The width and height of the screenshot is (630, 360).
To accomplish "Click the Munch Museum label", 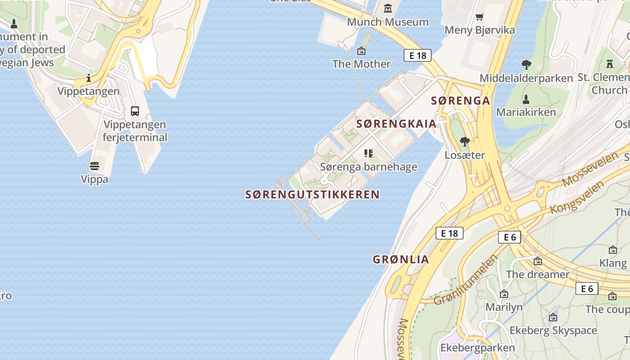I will [388, 22].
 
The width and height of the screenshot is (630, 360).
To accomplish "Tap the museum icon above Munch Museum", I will [388, 8].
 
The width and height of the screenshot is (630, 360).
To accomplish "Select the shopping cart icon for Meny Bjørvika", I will [479, 17].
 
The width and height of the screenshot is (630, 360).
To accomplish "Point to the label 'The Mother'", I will [361, 64].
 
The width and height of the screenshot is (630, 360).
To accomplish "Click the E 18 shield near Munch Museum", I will [417, 55].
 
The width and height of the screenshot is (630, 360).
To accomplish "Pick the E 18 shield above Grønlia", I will [449, 233].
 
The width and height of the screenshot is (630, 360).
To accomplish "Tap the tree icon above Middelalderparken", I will [526, 65].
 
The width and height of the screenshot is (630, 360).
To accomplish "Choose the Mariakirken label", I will [526, 112].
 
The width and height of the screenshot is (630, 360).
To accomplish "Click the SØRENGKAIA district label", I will [396, 124].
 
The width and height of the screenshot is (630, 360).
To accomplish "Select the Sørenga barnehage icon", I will [369, 153].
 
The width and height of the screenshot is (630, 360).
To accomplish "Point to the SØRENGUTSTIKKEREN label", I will [312, 194].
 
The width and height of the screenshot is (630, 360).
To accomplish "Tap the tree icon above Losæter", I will [465, 142].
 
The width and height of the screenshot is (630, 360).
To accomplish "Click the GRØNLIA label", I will [400, 259].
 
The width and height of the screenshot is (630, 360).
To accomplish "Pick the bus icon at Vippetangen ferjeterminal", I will [135, 111].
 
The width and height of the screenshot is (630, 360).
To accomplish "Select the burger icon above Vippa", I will [94, 166].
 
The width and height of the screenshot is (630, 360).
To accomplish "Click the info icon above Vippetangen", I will [89, 78].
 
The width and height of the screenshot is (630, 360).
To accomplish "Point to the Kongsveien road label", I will [578, 197].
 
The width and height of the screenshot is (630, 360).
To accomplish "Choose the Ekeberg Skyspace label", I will [553, 331].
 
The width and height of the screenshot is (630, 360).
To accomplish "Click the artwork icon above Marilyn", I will [504, 294].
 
